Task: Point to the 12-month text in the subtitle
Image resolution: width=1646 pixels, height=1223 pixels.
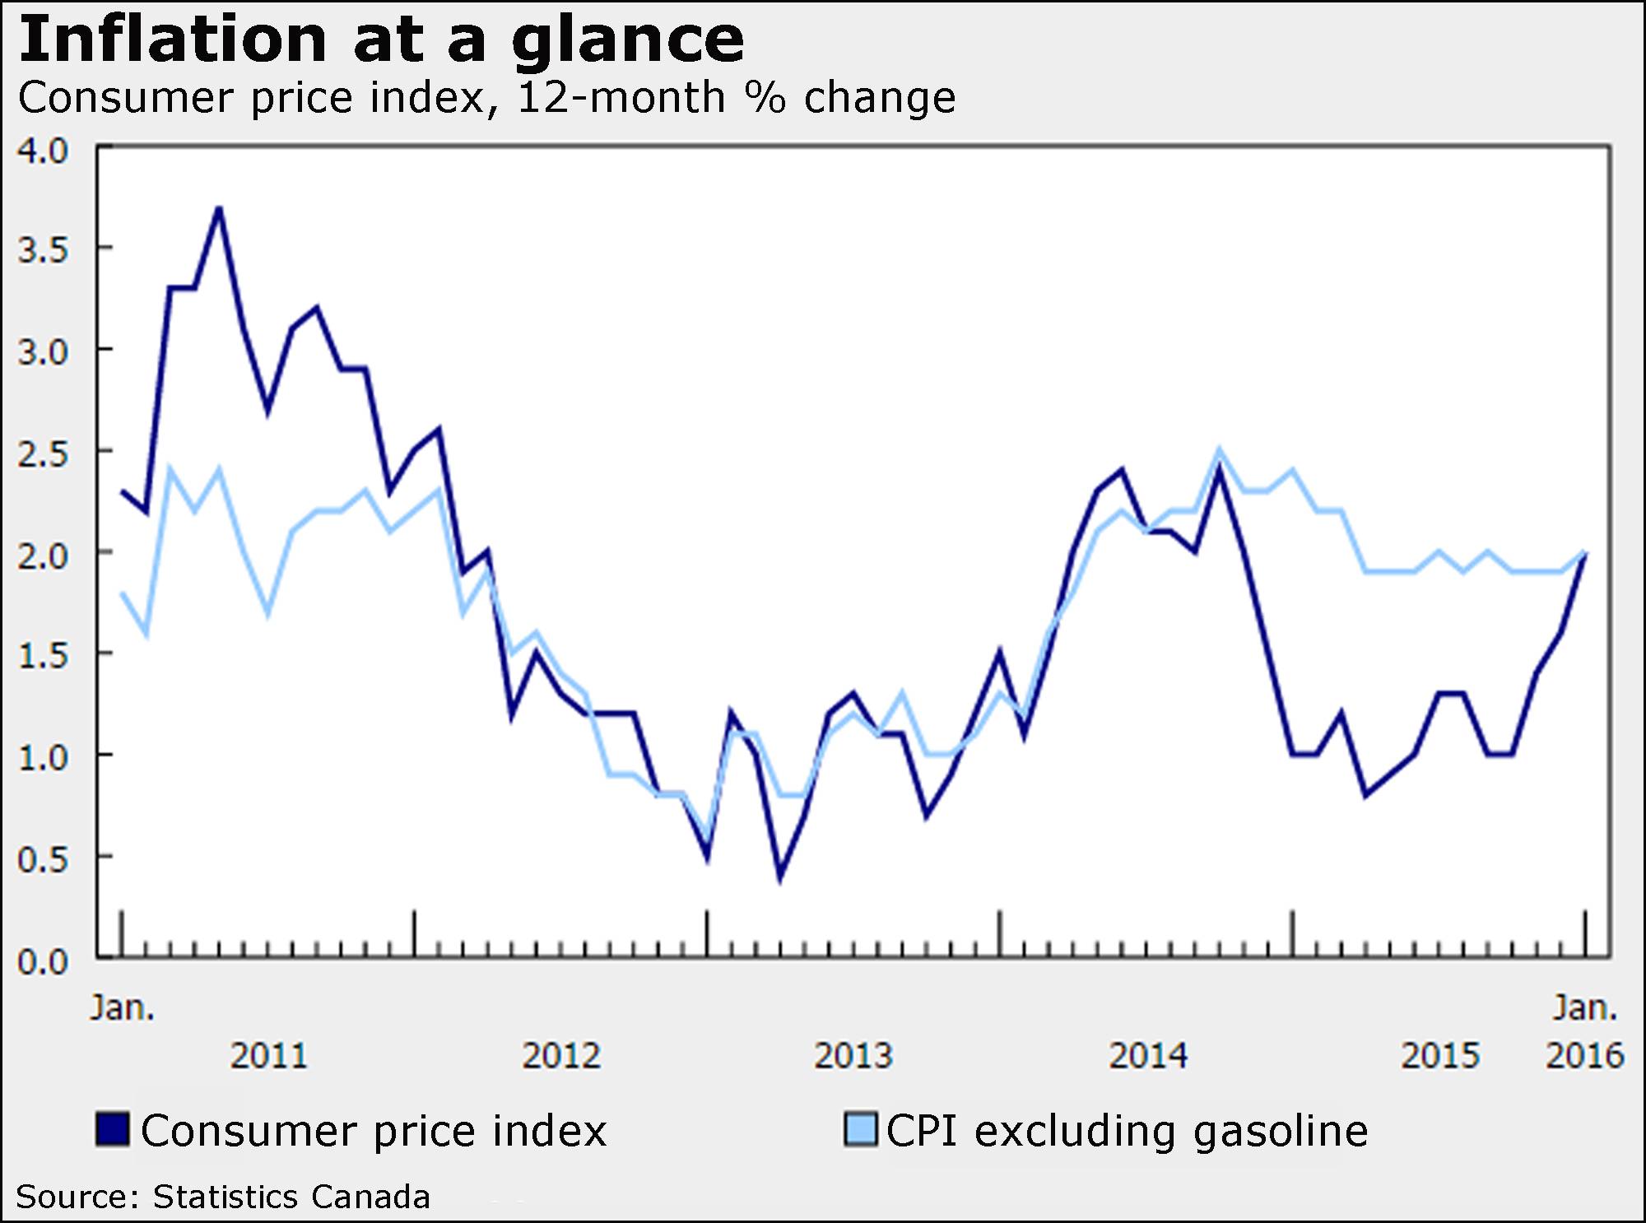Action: pos(621,98)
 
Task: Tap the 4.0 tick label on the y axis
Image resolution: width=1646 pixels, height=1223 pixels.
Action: pos(43,151)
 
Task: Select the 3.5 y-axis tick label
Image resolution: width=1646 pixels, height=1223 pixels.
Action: pos(43,250)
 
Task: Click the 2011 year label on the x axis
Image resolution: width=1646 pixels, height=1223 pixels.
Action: pos(268,1056)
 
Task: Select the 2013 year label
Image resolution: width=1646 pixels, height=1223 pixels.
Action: pos(853,1056)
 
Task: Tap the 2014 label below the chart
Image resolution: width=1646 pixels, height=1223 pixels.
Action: pos(1148,1056)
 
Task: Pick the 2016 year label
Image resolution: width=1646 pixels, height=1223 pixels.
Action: pos(1584,1056)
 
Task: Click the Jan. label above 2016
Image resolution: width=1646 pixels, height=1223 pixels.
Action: pos(1584,1007)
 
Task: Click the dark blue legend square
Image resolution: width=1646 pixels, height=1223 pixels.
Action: pos(113,1129)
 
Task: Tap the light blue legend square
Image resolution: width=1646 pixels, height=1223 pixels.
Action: pos(861,1129)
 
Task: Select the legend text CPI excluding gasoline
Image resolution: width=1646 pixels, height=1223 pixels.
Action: pos(1127,1131)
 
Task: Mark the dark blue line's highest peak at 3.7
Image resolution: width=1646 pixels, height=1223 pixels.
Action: pos(219,208)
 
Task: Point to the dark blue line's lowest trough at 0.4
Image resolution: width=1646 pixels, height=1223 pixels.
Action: pos(779,879)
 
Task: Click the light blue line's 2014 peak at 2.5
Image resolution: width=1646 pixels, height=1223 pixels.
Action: pos(1219,450)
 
